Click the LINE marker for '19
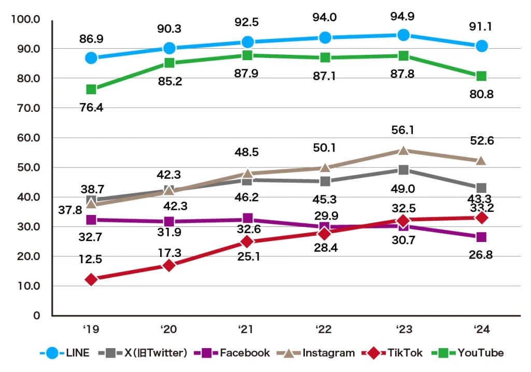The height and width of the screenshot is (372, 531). [x=91, y=58]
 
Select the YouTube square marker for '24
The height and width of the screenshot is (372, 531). [x=481, y=76]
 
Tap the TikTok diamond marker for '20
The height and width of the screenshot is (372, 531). [x=169, y=265]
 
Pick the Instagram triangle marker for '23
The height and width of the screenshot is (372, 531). [x=403, y=150]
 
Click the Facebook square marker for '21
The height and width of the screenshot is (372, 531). [x=247, y=219]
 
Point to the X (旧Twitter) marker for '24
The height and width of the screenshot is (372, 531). [x=481, y=188]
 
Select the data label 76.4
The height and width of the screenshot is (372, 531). [x=91, y=108]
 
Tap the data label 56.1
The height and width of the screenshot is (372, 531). [x=403, y=130]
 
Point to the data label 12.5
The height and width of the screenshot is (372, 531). [x=91, y=259]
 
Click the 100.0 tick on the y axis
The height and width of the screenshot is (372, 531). [x=29, y=20]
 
